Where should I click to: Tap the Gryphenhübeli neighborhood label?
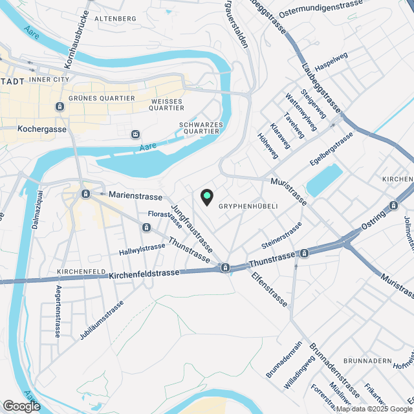coord(248,206)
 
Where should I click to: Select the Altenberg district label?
coord(115,19)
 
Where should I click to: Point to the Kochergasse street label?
coord(43,128)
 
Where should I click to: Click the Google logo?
coord(21,406)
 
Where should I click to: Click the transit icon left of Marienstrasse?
coord(85,194)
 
